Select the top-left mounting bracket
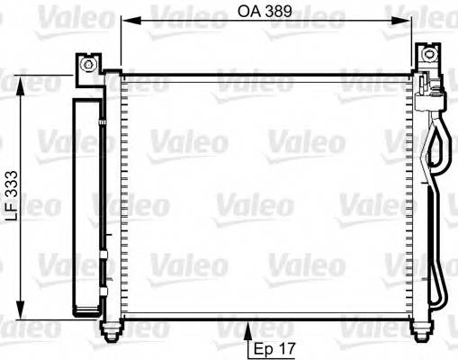click(88, 66)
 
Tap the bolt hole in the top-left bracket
click(87, 65)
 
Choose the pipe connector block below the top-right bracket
click(428, 89)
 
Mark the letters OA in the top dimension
click(249, 13)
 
